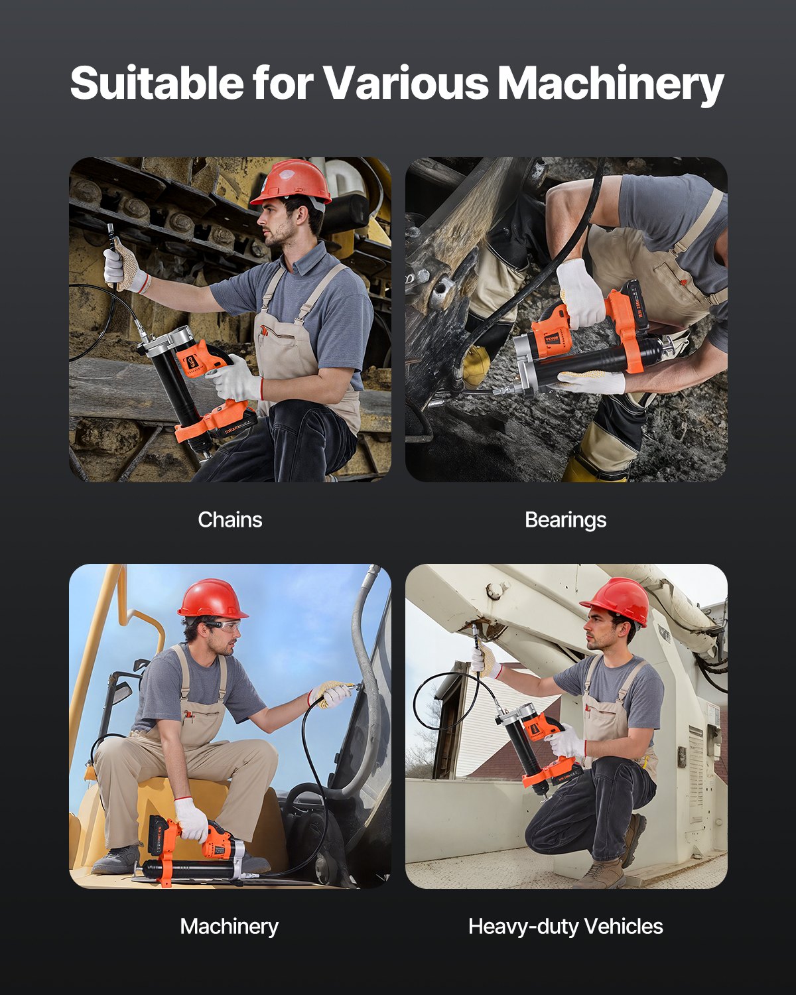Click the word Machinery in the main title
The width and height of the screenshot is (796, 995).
[610, 84]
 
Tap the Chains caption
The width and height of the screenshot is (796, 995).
[230, 519]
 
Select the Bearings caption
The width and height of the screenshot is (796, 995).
[565, 519]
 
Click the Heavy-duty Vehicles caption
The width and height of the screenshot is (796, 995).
[565, 926]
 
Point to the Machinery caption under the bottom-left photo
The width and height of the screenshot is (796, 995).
[229, 926]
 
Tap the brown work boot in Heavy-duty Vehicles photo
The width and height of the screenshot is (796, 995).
[605, 874]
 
